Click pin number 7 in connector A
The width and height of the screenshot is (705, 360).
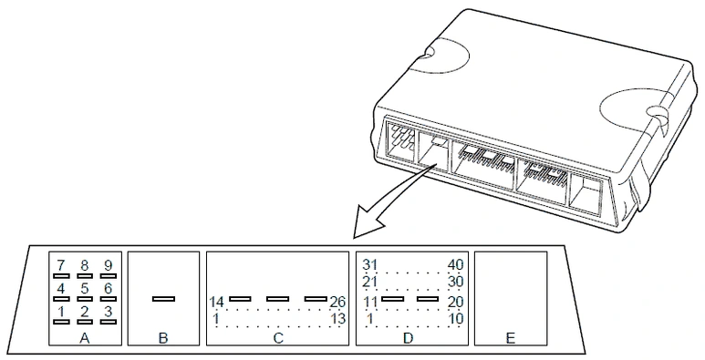(61, 264)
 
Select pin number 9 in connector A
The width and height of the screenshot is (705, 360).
(108, 264)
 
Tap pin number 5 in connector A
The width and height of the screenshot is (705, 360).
(85, 288)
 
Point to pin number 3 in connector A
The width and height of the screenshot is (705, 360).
(108, 311)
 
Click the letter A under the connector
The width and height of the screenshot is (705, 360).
(85, 338)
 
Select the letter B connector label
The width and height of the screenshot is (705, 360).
(163, 338)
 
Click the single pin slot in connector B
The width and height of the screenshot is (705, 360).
(163, 299)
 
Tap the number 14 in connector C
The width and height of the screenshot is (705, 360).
(217, 302)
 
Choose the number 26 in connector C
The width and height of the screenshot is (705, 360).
(337, 302)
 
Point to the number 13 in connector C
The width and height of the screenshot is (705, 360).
(337, 319)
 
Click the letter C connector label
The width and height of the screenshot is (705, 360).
(278, 338)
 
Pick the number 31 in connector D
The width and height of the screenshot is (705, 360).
(369, 264)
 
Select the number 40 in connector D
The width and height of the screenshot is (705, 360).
(455, 264)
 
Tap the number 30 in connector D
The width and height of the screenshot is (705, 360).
(455, 283)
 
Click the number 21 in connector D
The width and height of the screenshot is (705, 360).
(369, 283)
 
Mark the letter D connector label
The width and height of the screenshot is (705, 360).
(408, 338)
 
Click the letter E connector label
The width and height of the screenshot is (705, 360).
(511, 338)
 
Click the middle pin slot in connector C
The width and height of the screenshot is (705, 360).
(277, 299)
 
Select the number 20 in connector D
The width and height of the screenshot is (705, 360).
(455, 302)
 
